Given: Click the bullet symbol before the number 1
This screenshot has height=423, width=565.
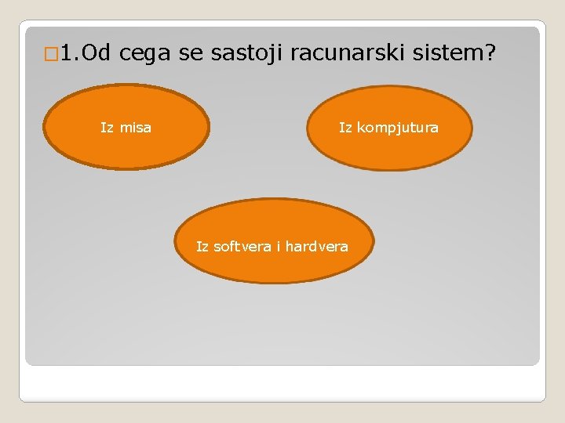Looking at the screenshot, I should click(52, 54).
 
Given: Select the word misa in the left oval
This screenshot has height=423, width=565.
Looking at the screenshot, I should click(135, 127).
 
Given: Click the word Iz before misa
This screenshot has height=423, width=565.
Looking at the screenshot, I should click(108, 127).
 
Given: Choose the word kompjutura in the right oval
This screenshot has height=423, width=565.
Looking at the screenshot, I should click(398, 127).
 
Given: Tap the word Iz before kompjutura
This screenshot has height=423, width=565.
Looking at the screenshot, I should click(346, 127).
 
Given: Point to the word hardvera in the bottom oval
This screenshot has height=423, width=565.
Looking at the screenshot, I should click(316, 247).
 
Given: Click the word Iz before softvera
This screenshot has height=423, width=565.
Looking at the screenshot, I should click(202, 247).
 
